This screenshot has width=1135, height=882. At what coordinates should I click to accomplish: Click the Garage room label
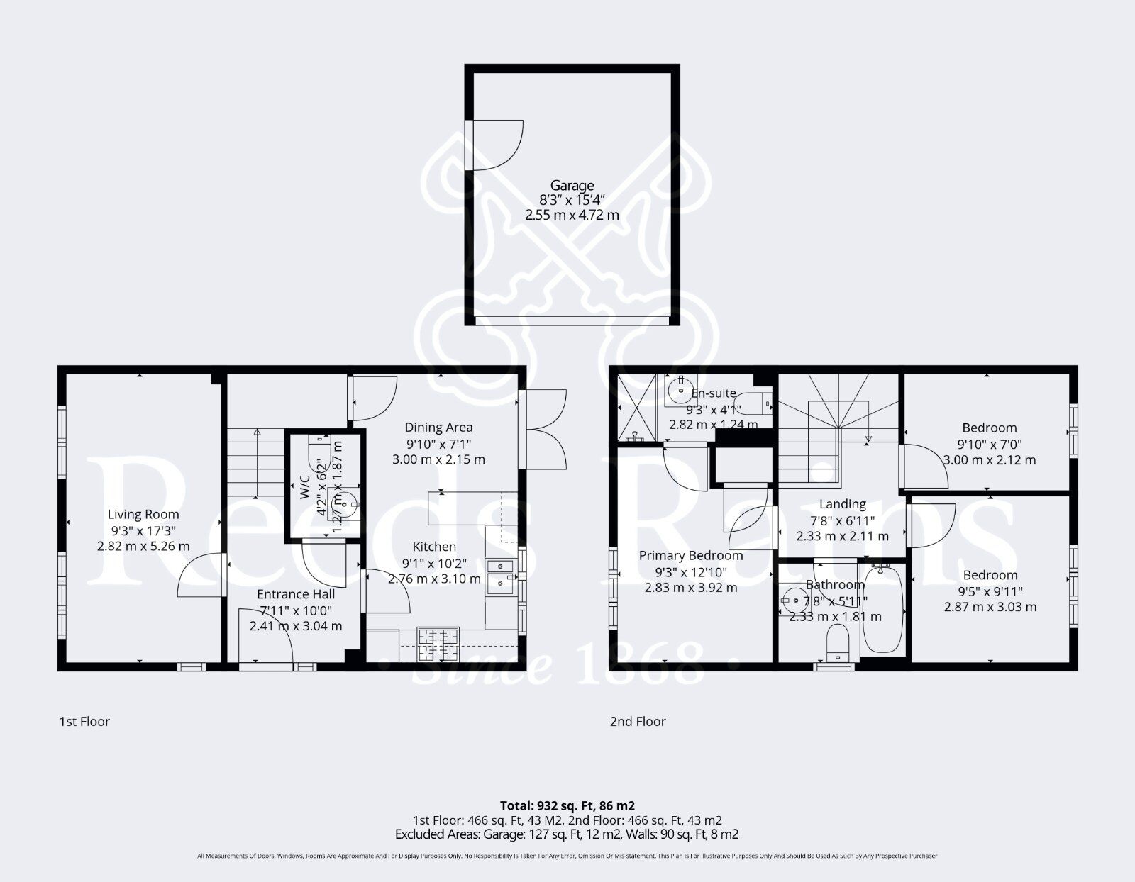tap(572, 186)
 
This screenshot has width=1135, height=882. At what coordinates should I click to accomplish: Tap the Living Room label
tap(143, 514)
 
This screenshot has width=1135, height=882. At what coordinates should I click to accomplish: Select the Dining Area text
tap(438, 427)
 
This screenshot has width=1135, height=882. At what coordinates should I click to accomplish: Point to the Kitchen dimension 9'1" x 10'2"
tap(434, 564)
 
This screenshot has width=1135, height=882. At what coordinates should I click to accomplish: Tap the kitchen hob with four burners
tap(438, 644)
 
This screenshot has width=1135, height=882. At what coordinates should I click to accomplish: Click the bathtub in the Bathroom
tap(882, 610)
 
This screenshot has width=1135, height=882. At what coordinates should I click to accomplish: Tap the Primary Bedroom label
tap(691, 555)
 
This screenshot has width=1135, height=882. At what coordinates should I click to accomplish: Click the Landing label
tap(842, 503)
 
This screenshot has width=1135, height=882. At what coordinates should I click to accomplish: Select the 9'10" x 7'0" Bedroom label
tap(989, 428)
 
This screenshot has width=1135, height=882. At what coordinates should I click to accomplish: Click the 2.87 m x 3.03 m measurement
tap(990, 607)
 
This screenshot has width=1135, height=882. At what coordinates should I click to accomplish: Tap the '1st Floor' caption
tap(84, 722)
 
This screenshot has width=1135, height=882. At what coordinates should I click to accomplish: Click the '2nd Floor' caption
tap(638, 722)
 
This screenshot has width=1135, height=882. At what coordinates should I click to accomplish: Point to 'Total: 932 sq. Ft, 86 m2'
tap(567, 805)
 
